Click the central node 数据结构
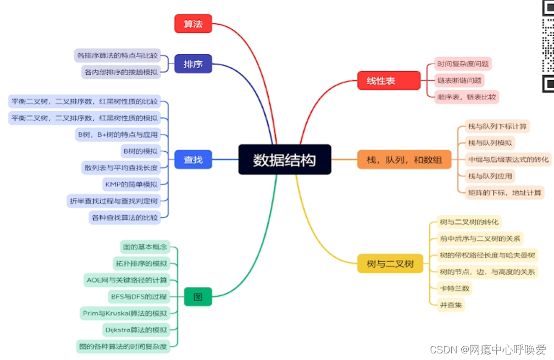[285, 159]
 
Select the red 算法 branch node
[193, 24]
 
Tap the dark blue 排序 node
[193, 64]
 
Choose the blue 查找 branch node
[193, 160]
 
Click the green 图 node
[197, 297]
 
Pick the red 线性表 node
[381, 81]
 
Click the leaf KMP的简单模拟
[131, 184]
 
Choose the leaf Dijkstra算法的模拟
[135, 330]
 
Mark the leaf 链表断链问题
[459, 80]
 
